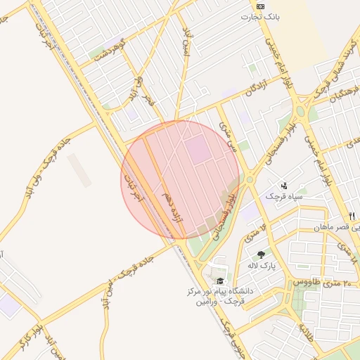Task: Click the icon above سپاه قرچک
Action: point(283,185)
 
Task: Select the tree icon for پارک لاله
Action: point(262,255)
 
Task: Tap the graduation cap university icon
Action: point(221,280)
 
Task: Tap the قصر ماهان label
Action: point(340,228)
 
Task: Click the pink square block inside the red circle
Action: point(198,148)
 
